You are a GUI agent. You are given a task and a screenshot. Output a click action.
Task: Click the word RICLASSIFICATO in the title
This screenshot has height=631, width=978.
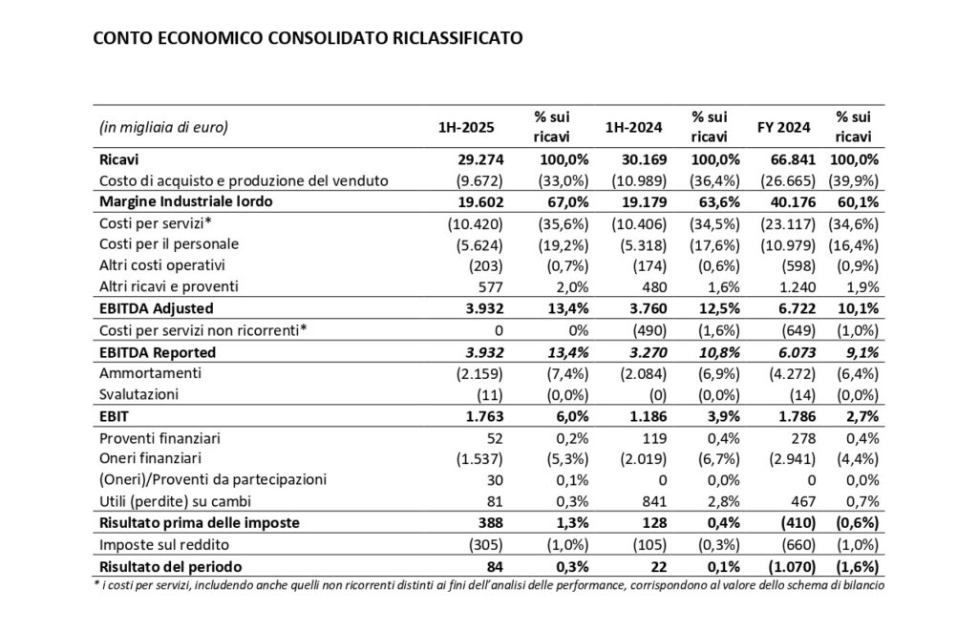pyautogui.click(x=461, y=40)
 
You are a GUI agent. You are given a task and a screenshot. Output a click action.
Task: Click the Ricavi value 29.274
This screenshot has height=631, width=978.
pyautogui.click(x=479, y=159)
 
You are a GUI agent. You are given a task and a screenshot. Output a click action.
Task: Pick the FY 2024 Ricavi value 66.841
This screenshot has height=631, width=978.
pyautogui.click(x=794, y=159)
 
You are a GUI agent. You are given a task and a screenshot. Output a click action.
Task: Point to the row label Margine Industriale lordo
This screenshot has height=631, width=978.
pyautogui.click(x=189, y=201)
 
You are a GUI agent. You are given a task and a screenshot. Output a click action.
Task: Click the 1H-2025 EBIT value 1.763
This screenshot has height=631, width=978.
pyautogui.click(x=483, y=417)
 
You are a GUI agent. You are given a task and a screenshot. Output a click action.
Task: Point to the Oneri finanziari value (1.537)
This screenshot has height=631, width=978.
pyautogui.click(x=476, y=459)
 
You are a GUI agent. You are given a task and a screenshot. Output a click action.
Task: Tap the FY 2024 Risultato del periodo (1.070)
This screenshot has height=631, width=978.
pyautogui.click(x=790, y=567)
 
